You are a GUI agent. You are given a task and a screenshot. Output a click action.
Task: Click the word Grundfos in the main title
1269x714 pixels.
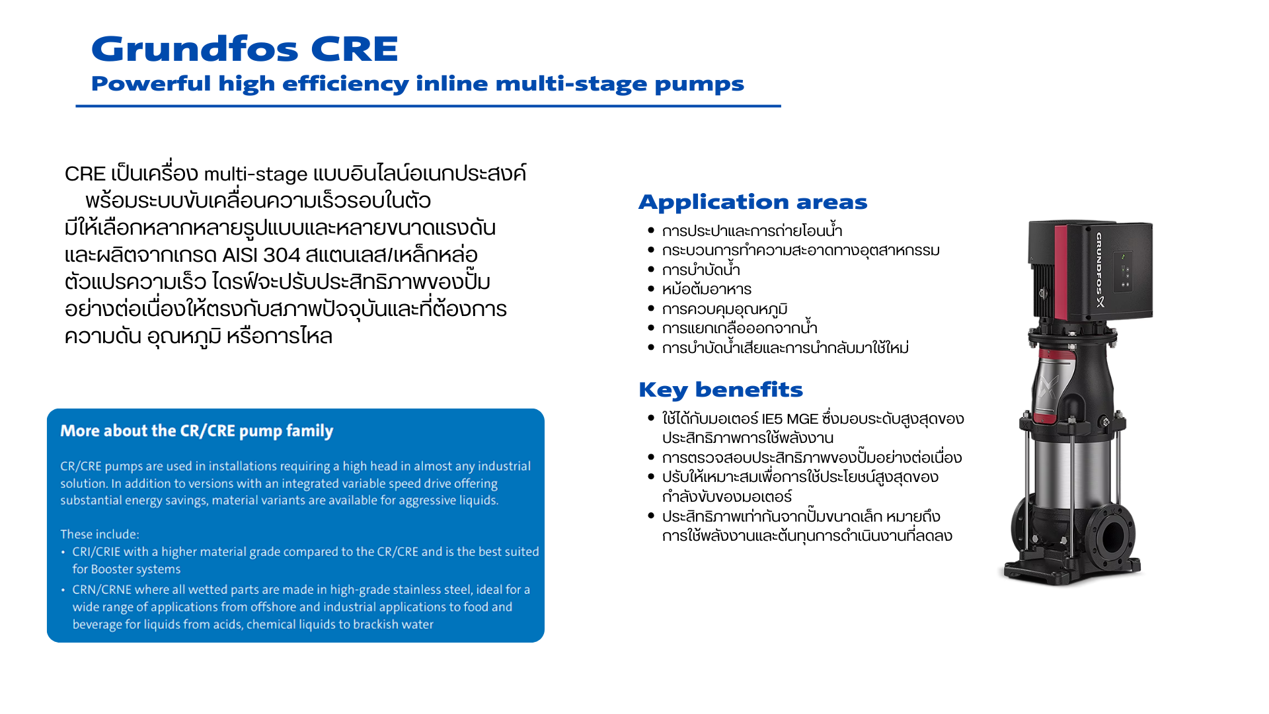pyautogui.click(x=195, y=50)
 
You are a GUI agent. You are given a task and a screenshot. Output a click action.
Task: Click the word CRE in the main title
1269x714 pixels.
pyautogui.click(x=355, y=49)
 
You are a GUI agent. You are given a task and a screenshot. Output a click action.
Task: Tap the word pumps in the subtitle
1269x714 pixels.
pyautogui.click(x=699, y=85)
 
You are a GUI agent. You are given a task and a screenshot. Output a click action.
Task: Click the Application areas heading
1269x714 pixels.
pyautogui.click(x=753, y=202)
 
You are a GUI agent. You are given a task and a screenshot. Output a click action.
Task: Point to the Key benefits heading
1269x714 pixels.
pyautogui.click(x=720, y=390)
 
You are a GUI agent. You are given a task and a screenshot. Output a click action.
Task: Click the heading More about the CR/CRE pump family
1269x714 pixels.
pyautogui.click(x=197, y=431)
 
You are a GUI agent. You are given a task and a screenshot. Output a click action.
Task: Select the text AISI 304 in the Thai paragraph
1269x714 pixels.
pyautogui.click(x=261, y=255)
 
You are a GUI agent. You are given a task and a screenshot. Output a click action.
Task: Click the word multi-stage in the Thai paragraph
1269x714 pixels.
pyautogui.click(x=256, y=174)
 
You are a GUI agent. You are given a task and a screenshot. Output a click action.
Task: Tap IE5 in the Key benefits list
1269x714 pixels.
pyautogui.click(x=772, y=419)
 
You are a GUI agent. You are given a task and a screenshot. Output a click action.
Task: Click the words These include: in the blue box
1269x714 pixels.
pyautogui.click(x=100, y=534)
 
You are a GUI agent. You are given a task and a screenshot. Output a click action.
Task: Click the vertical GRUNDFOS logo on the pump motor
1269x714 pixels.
pyautogui.click(x=1099, y=269)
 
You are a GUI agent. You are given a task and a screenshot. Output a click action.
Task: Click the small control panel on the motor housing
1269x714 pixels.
pyautogui.click(x=1123, y=271)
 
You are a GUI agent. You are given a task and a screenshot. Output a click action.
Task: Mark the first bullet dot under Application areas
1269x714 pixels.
pyautogui.click(x=651, y=230)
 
